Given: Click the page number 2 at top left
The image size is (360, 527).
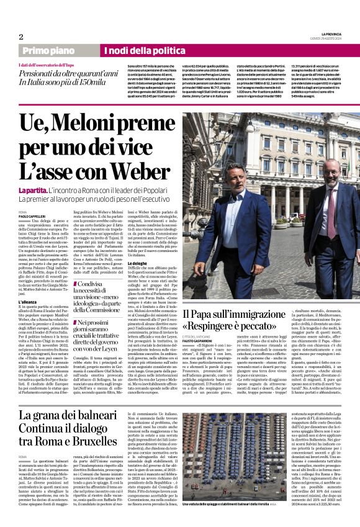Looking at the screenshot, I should [21, 37].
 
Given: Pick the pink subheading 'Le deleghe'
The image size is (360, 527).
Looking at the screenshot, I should [138, 245].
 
